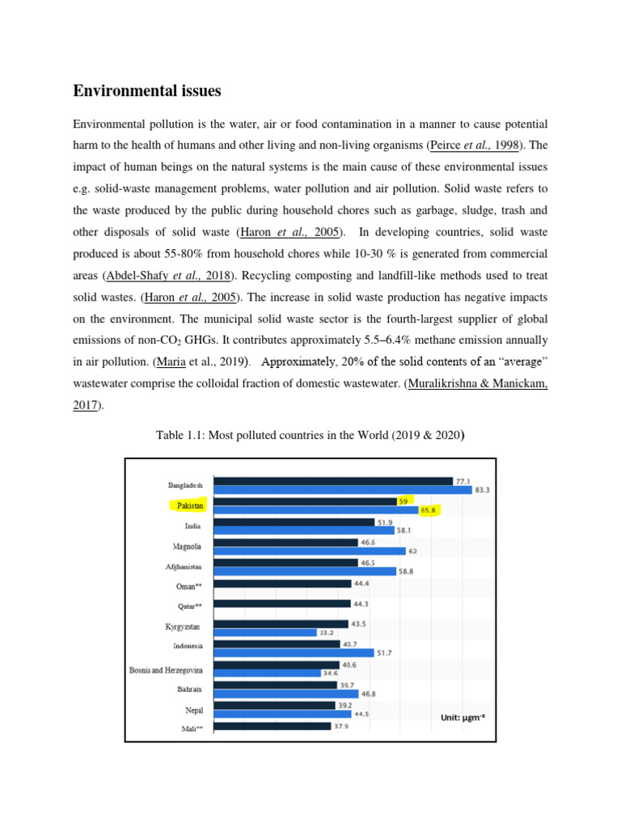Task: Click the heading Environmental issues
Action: [x=146, y=91]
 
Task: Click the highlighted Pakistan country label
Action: [x=187, y=505]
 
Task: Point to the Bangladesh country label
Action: [x=186, y=485]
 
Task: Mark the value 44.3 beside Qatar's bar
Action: [x=362, y=603]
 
